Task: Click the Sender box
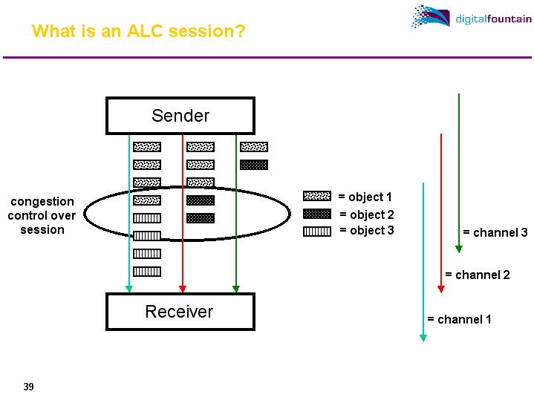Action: point(180,116)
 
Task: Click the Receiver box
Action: point(180,312)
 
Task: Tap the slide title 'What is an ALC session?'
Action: point(139,32)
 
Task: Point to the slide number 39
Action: point(29,387)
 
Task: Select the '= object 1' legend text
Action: point(365,197)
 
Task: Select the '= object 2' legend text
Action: point(367,215)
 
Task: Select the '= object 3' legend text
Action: point(367,231)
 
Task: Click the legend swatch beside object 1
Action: point(317,197)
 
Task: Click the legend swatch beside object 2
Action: point(317,214)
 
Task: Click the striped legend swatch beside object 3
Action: point(317,231)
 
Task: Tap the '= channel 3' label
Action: point(495,233)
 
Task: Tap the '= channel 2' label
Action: point(477,275)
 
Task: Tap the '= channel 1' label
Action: point(459,320)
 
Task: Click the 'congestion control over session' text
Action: point(42,215)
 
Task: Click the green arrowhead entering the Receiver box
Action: point(236,289)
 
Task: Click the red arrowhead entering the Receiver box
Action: point(183,289)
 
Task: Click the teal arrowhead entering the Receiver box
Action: point(129,289)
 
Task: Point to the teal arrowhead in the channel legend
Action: point(423,338)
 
